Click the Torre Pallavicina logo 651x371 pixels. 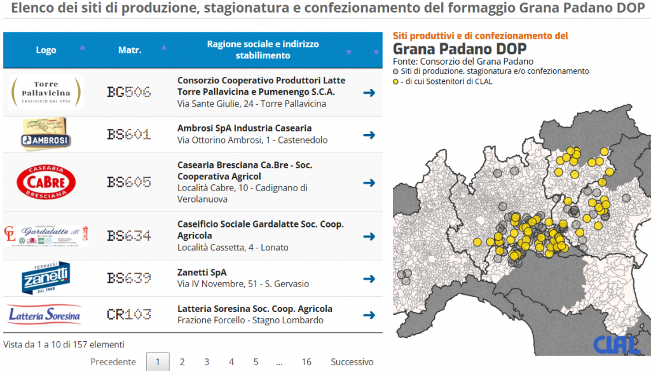[46, 92]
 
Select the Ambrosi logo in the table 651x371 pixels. [46, 135]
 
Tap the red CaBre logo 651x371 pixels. [46, 182]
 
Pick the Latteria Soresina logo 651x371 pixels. [45, 314]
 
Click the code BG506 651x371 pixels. [129, 92]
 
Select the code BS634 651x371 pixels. [129, 236]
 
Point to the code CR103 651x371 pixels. [129, 314]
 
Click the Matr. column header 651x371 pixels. [130, 50]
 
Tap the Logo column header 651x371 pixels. [46, 50]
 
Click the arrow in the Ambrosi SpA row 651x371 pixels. [369, 135]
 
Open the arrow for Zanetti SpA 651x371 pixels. [369, 278]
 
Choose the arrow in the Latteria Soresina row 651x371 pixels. [369, 314]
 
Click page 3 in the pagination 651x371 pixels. [207, 362]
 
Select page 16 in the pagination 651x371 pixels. [306, 362]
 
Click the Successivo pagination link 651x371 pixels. [352, 362]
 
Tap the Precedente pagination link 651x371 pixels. [113, 362]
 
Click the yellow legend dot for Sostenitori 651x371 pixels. [396, 82]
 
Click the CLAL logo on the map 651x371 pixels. [616, 344]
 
